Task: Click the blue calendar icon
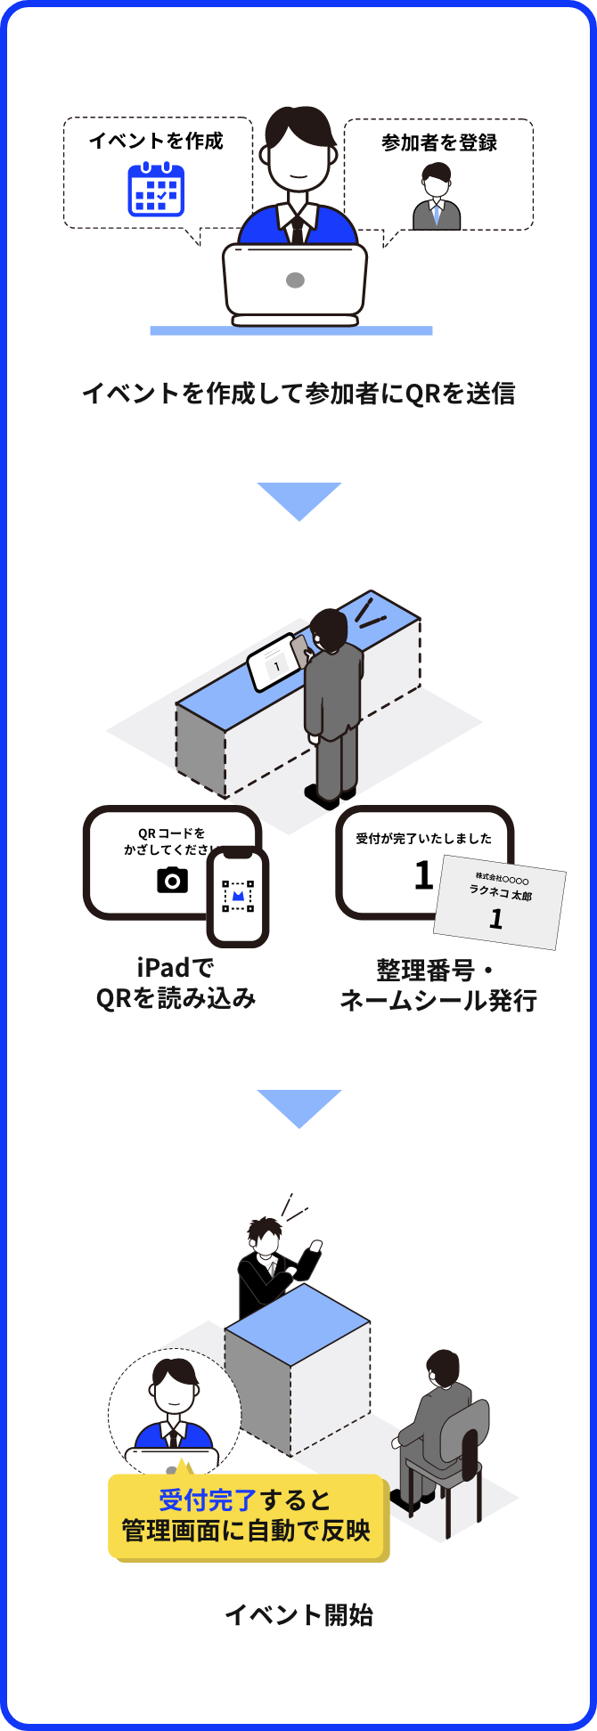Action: [x=156, y=190]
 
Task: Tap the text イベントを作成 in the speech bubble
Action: [x=156, y=141]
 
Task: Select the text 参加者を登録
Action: [x=439, y=142]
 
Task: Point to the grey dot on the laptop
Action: [x=295, y=280]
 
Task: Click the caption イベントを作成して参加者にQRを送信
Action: [x=298, y=393]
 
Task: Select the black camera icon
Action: [x=172, y=880]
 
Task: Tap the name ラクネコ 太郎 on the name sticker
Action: [x=501, y=894]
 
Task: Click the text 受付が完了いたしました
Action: [x=423, y=839]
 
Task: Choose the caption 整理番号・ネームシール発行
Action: [x=438, y=985]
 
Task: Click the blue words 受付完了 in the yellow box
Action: [x=208, y=1500]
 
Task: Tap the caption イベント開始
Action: [x=298, y=1614]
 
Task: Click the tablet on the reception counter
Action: [x=274, y=662]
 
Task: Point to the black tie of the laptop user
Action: [x=297, y=228]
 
